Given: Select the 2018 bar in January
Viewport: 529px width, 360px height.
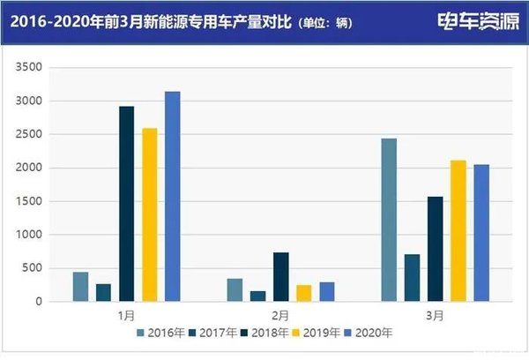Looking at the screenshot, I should [126, 204].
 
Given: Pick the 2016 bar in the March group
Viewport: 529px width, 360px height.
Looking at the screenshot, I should [389, 220].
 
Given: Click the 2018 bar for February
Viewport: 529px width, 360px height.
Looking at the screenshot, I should [281, 277].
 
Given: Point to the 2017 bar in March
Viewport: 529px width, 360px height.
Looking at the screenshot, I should [412, 278].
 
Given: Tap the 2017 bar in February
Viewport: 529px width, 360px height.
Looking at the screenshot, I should [258, 296].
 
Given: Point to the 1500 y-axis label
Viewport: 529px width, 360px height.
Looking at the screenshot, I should [29, 201].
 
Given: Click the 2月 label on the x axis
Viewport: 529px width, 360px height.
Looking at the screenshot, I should [281, 313].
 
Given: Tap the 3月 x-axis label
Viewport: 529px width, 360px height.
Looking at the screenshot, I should [434, 313].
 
